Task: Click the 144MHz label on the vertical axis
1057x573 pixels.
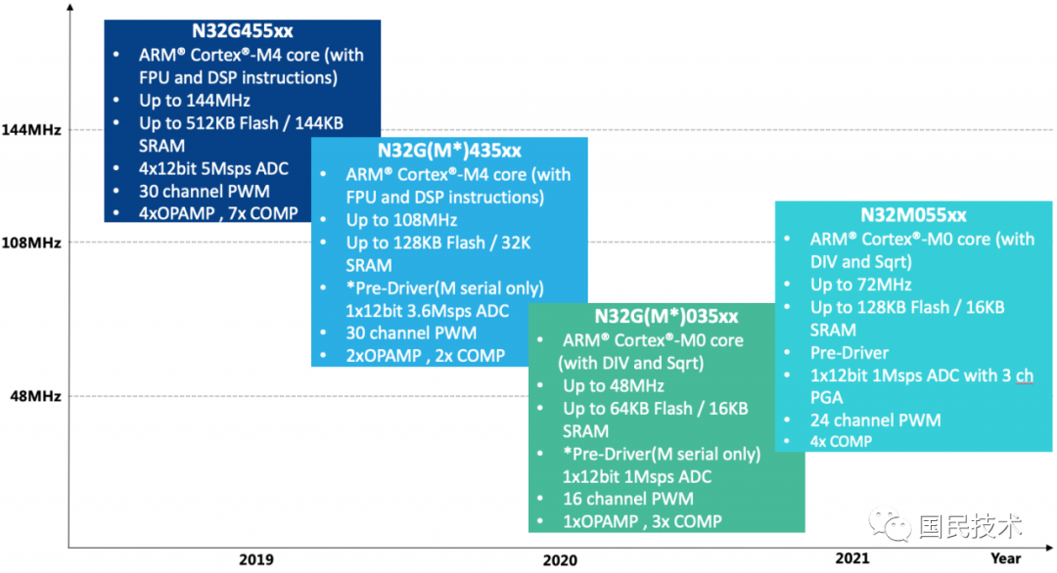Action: pos(31,130)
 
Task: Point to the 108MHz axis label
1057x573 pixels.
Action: pos(31,242)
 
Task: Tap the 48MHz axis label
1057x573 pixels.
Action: pos(35,396)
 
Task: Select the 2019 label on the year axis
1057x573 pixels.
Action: pos(256,560)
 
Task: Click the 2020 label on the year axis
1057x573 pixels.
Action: pos(559,560)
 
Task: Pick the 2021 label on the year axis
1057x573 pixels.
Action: pos(852,558)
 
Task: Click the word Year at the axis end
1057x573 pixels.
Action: pos(1005,558)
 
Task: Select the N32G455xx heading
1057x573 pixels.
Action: pos(242,31)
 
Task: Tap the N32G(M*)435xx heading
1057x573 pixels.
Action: pos(449,151)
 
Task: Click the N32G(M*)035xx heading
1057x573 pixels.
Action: pos(666,317)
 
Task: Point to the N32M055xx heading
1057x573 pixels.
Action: pos(913,215)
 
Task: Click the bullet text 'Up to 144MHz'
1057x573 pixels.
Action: pos(194,100)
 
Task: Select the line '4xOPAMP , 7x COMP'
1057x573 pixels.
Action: pos(218,213)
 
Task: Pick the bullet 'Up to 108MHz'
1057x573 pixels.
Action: pos(401,220)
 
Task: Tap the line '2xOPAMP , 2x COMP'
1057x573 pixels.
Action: pos(425,356)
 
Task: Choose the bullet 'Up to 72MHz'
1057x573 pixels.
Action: pos(860,285)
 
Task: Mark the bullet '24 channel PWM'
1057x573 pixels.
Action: pos(875,419)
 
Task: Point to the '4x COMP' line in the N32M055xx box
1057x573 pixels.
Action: pos(841,441)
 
